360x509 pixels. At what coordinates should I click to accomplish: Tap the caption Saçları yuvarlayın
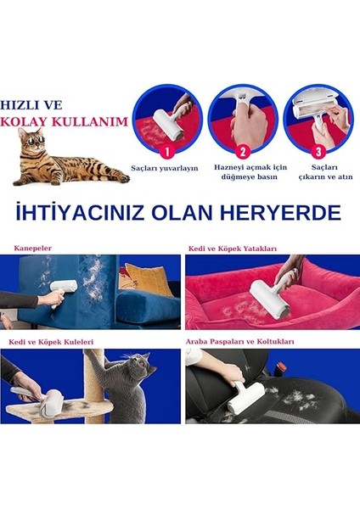point(165,168)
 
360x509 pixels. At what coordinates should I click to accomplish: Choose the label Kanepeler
point(32,249)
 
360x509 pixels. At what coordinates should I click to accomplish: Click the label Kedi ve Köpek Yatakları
point(232,249)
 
